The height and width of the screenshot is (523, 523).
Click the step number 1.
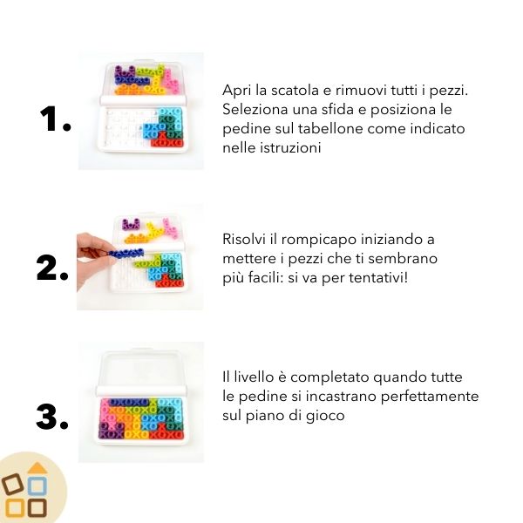pyautogui.click(x=55, y=121)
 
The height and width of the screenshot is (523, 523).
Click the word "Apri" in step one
pyautogui.click(x=237, y=92)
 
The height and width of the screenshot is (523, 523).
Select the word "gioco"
pyautogui.click(x=325, y=416)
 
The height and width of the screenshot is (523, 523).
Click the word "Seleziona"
pyautogui.click(x=254, y=111)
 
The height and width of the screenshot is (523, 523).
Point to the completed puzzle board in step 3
pyautogui.click(x=141, y=416)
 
